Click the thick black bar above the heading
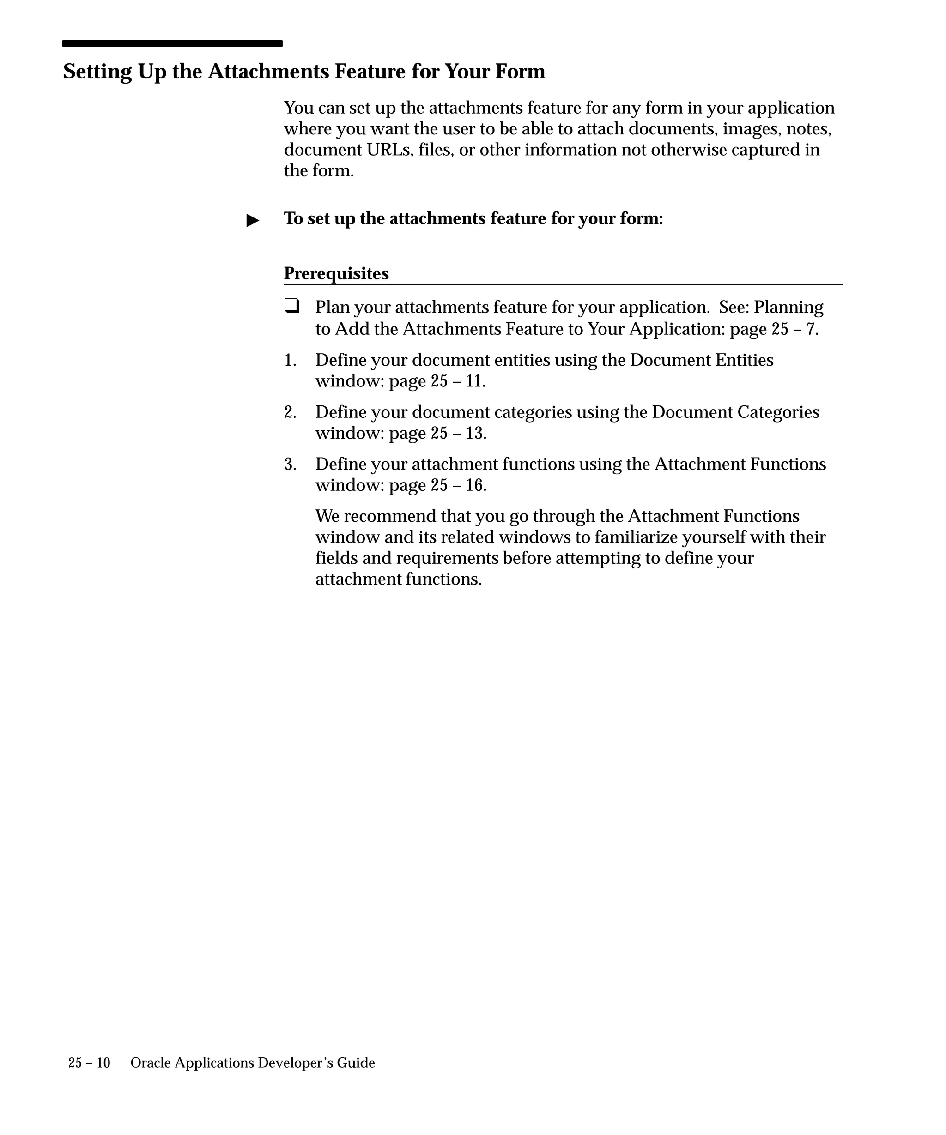[172, 43]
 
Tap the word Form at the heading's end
[522, 72]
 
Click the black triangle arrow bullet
[253, 221]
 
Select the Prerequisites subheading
[336, 273]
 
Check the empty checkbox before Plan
[292, 307]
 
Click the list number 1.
[290, 361]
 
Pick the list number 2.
[290, 412]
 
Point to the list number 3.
[290, 464]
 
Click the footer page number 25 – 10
[89, 1063]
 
